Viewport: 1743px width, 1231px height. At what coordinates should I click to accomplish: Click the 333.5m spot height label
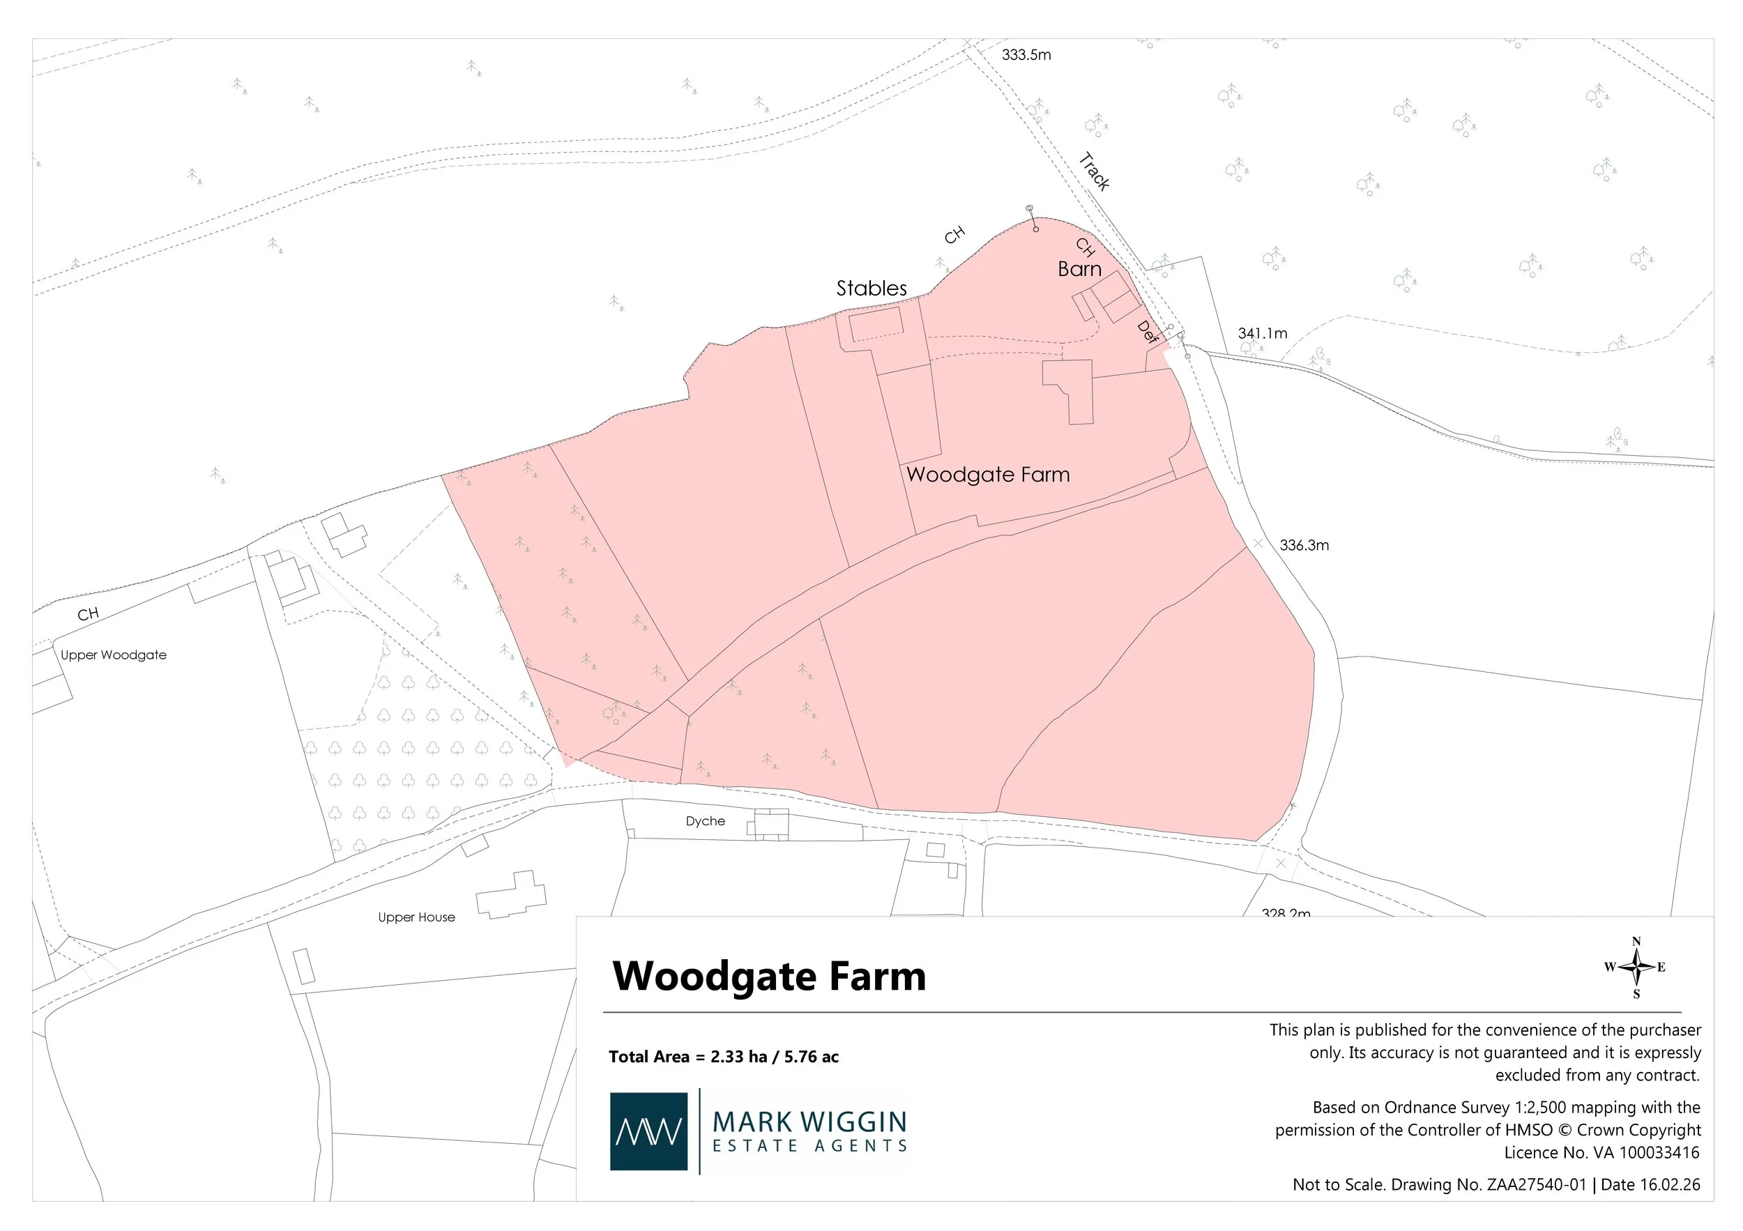click(1026, 54)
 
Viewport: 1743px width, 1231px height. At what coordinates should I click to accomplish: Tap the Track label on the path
click(1094, 171)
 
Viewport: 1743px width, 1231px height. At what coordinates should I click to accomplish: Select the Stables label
click(871, 289)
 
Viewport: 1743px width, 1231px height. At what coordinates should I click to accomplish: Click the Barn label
click(1079, 268)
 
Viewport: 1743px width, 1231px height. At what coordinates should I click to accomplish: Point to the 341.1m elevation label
click(1262, 333)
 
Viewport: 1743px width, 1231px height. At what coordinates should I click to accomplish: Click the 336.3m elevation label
click(1304, 545)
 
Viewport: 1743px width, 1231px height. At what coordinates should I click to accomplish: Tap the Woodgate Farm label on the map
click(988, 475)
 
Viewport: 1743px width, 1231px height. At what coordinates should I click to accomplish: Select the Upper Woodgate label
click(113, 655)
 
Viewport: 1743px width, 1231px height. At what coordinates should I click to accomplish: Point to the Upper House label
click(416, 917)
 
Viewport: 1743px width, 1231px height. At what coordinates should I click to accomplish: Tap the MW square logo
click(648, 1131)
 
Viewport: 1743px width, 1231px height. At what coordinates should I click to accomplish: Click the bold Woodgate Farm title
click(768, 976)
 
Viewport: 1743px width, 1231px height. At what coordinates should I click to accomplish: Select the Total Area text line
click(723, 1057)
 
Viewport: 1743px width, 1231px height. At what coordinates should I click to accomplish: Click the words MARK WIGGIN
click(809, 1122)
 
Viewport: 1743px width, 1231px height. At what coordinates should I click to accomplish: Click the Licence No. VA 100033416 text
click(1601, 1153)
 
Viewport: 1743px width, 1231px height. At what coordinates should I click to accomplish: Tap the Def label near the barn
click(1147, 332)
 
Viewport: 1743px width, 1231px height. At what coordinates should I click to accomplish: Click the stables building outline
click(875, 325)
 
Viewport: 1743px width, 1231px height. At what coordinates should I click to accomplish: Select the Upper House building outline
click(510, 896)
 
